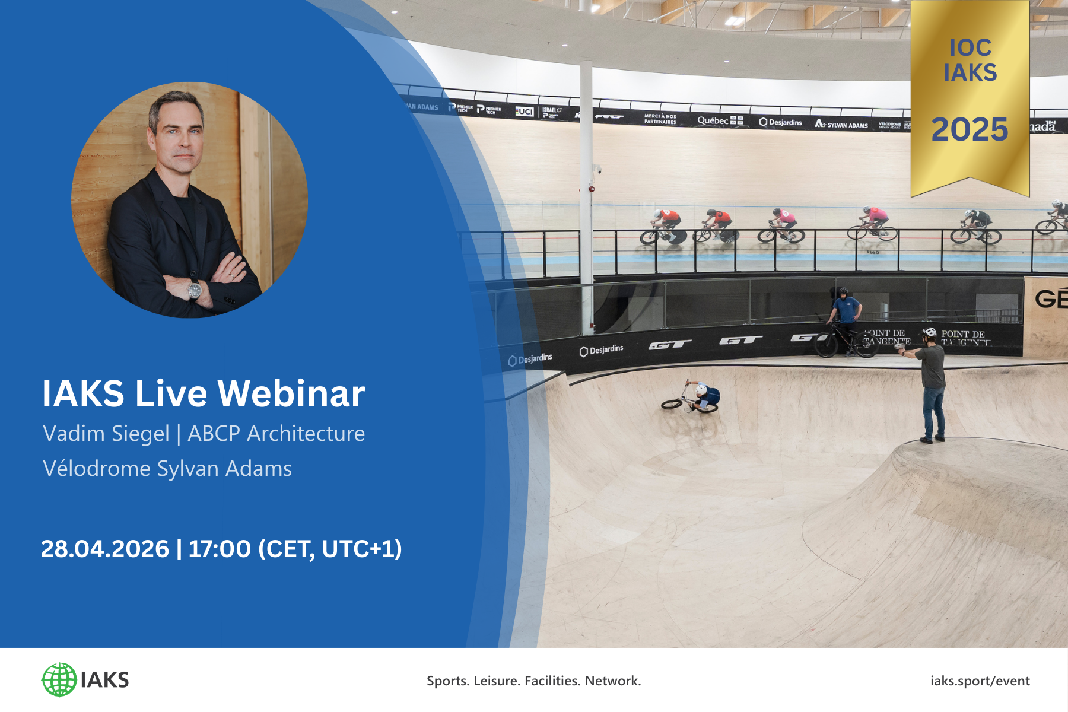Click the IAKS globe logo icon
(59, 680)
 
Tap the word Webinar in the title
(291, 394)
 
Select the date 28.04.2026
(105, 549)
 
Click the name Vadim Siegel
(106, 434)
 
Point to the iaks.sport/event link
(980, 681)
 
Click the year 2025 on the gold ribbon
(970, 130)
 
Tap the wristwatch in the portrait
(195, 290)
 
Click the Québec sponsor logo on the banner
(720, 120)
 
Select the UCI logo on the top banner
(525, 111)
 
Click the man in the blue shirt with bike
(846, 317)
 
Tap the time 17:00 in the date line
(220, 549)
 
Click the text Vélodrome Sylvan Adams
(167, 469)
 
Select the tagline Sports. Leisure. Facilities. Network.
(533, 681)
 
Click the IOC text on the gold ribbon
(970, 47)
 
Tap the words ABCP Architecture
(276, 434)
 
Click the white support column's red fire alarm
(592, 189)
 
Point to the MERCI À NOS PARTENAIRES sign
(660, 119)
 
